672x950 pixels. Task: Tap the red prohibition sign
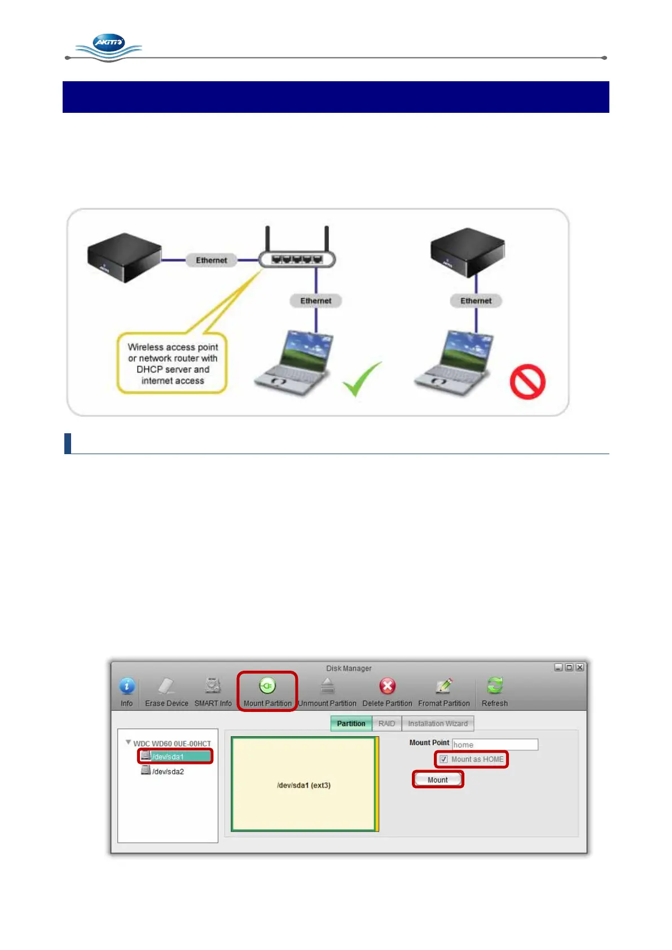[x=527, y=382]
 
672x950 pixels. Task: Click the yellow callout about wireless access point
[x=172, y=363]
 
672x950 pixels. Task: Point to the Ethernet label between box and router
[x=211, y=260]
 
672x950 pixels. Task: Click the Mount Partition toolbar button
[x=267, y=692]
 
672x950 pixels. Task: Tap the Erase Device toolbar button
[x=166, y=692]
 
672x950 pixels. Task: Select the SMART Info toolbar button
[x=213, y=692]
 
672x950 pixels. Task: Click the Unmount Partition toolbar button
[x=327, y=692]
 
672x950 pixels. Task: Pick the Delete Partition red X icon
[x=388, y=687]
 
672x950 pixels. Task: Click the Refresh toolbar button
[x=495, y=692]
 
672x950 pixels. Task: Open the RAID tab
[x=386, y=724]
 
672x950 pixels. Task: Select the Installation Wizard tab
[x=438, y=724]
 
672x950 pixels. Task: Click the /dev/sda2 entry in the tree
[x=168, y=772]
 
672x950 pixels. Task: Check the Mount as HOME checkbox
[x=444, y=759]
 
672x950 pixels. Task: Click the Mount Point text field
[x=495, y=745]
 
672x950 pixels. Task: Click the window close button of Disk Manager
[x=579, y=667]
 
